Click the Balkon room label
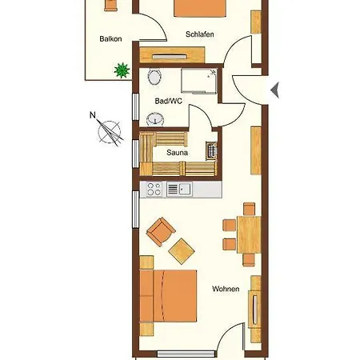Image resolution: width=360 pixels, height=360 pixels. tap(110, 39)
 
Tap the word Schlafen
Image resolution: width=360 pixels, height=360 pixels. tap(200, 34)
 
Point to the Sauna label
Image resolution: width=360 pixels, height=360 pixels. tap(177, 153)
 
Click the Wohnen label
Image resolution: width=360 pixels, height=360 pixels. tap(226, 289)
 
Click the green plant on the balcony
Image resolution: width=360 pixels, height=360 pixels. tap(122, 70)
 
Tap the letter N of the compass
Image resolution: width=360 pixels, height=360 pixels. tap(93, 115)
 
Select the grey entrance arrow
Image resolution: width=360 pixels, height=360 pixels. tap(275, 90)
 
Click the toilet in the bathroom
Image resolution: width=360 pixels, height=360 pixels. tap(154, 77)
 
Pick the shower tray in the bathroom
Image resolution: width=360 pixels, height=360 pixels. tap(199, 81)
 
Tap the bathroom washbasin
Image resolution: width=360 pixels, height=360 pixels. tap(155, 119)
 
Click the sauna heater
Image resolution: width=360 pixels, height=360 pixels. tap(211, 151)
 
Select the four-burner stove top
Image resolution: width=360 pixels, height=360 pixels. tap(154, 189)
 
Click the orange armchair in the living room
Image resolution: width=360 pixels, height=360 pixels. tap(161, 231)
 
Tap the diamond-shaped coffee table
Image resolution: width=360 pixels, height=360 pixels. tap(182, 251)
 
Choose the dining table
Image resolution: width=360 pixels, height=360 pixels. tap(249, 234)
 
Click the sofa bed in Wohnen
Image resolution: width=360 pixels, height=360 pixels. tap(168, 296)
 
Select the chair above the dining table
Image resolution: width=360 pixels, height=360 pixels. tap(249, 209)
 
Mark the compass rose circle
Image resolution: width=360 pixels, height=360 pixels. tap(110, 132)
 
